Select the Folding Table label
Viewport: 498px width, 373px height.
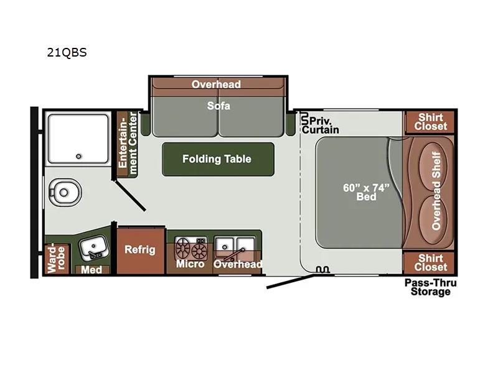tap(217, 159)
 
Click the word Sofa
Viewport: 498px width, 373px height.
tap(218, 106)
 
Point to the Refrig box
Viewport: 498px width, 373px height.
tap(139, 250)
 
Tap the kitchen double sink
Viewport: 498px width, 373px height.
tap(236, 246)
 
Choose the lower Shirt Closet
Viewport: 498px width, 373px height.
tap(431, 262)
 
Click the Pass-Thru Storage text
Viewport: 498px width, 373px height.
tap(430, 287)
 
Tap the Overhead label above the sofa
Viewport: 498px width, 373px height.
tap(216, 84)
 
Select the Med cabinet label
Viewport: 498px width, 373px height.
tap(92, 270)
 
